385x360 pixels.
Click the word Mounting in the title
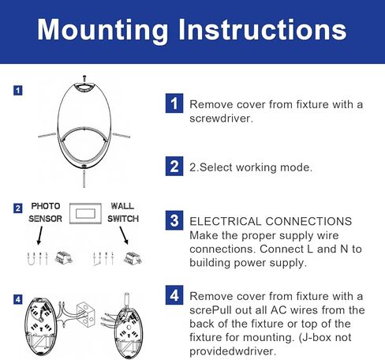pos(103,30)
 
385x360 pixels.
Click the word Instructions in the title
pos(263,29)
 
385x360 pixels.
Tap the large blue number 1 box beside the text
pos(174,103)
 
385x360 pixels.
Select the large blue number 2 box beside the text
pos(174,166)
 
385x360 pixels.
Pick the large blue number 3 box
pos(174,220)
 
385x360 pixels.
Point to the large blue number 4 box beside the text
pos(174,295)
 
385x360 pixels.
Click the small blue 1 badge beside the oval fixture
pos(18,91)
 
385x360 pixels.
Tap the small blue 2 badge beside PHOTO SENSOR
pos(18,208)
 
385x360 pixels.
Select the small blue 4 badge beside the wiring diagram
pos(18,299)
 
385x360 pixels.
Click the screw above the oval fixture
pos(84,78)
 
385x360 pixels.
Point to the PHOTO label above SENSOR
pos(46,206)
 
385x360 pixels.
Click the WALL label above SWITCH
pos(122,206)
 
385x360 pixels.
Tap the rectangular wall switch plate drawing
pos(85,213)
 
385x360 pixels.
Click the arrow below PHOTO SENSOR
pos(39,236)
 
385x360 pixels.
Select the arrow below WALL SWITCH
pos(124,236)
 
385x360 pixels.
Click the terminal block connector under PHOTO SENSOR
pos(64,257)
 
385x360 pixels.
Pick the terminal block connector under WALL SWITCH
pos(133,258)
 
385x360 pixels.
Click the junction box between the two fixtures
pos(86,313)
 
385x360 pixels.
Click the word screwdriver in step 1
pos(221,118)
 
